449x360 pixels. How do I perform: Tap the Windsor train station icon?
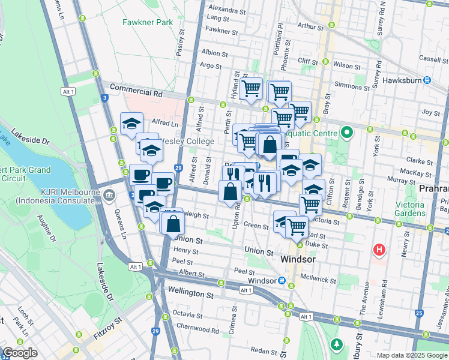[x=281, y=281]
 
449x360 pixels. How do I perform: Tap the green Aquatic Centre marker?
[x=346, y=131]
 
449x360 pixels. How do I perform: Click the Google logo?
[x=20, y=353]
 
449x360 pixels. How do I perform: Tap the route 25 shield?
[x=419, y=313]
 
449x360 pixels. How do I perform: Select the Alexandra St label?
[x=226, y=10]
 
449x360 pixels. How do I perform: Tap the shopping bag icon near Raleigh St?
[x=173, y=223]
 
